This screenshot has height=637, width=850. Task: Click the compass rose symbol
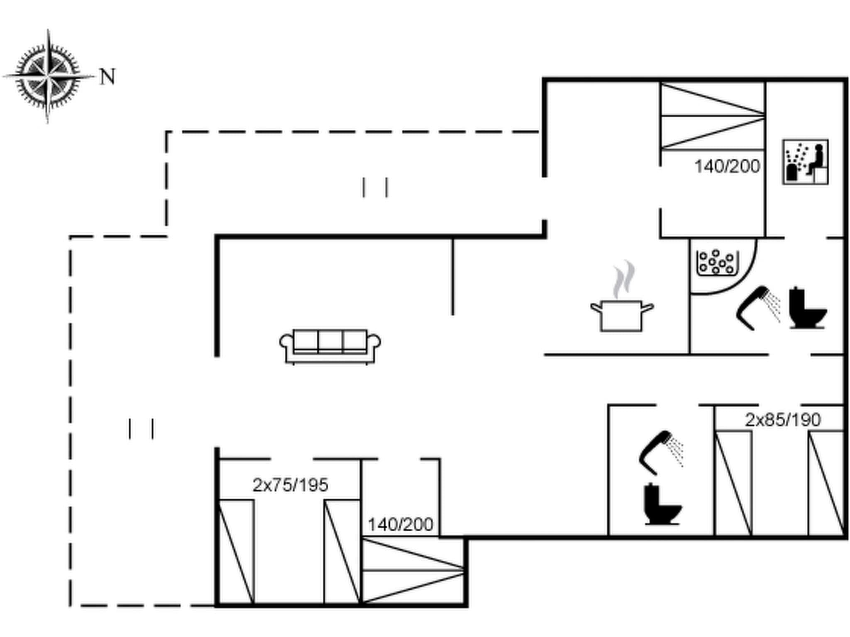pos(48,77)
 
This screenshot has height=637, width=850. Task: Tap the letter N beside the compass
pos(107,77)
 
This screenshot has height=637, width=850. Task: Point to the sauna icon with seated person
pos(805,162)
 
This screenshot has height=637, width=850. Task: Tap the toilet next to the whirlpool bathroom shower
pos(807,308)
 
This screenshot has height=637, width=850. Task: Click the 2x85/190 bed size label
pos(783,420)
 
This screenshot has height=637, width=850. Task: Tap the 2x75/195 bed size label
pos(290,485)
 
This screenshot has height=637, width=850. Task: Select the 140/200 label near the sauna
pos(727,166)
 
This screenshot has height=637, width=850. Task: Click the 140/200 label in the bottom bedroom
pos(400,525)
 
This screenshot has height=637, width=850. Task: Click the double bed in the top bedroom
pos(713,116)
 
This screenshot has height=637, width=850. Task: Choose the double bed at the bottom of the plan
pos(413,571)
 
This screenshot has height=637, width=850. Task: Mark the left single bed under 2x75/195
pos(236,552)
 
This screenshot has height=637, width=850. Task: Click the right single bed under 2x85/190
pos(826,483)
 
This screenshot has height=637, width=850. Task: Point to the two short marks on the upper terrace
pos(375,187)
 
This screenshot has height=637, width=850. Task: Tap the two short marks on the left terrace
pos(141,428)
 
